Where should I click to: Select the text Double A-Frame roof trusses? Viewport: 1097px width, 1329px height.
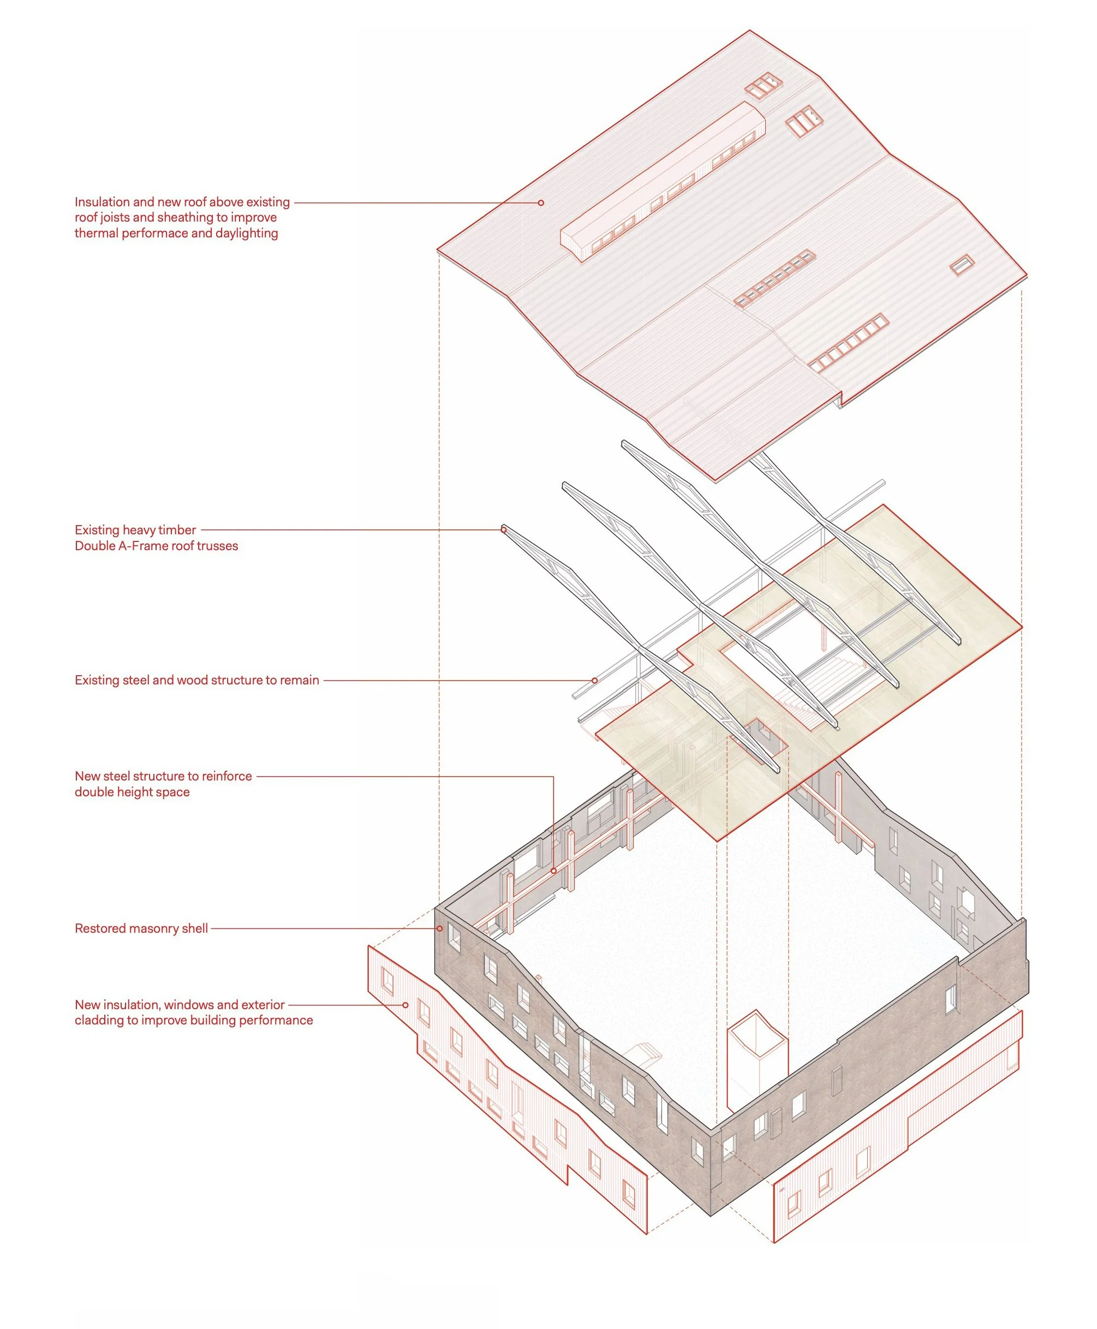coord(156,546)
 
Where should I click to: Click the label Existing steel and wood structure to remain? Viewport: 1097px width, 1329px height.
coord(196,681)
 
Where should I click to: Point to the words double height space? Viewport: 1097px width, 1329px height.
coord(132,792)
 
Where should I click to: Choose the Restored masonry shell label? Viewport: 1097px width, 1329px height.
coord(141,928)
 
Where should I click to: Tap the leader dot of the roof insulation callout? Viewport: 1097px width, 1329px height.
coord(541,203)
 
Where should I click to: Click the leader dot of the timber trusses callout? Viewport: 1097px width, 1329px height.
coord(504,529)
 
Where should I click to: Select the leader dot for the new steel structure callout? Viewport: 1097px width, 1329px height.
coord(553,871)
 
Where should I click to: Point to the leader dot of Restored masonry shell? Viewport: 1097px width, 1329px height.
coord(440,928)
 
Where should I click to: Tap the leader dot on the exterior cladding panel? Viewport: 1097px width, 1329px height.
coord(406,1005)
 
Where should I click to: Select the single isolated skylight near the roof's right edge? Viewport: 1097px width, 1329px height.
coord(962,265)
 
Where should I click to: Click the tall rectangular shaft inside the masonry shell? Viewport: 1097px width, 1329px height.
coord(756,1068)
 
